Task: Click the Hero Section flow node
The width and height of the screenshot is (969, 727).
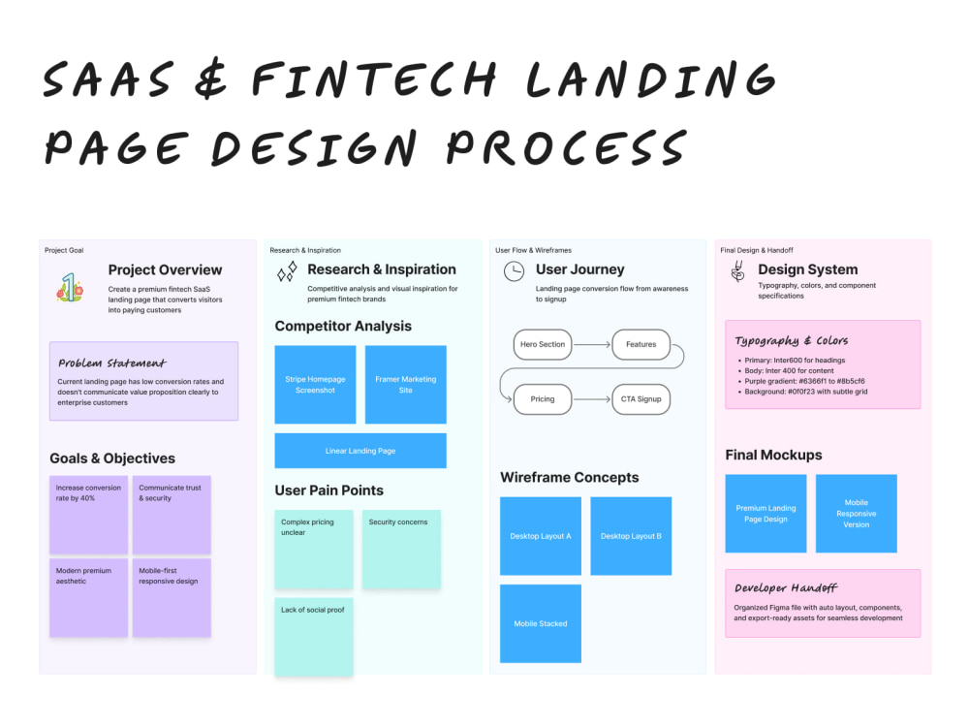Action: (543, 344)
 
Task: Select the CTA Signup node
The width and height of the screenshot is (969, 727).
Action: (641, 398)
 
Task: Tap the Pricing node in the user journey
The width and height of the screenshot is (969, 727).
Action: (543, 398)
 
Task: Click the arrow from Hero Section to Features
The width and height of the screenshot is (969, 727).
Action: (591, 344)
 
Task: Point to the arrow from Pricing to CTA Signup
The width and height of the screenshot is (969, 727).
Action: (591, 399)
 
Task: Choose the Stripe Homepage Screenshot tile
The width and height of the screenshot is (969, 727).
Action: (315, 385)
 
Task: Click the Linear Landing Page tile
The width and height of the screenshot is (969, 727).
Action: (360, 451)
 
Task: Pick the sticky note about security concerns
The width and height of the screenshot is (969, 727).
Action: (401, 549)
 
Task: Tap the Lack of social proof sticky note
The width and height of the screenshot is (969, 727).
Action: (314, 637)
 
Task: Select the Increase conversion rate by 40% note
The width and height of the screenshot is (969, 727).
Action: (88, 515)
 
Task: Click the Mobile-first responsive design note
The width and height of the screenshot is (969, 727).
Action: (172, 598)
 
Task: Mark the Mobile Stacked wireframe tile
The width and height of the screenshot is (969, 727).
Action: (541, 623)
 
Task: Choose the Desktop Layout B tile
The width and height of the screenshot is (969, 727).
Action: (631, 536)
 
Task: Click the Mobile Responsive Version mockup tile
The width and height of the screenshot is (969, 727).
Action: (856, 514)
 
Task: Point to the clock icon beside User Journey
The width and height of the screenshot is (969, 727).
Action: (514, 271)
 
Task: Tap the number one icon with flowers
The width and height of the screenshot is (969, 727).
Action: (71, 288)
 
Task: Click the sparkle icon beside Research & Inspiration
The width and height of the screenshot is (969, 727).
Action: (287, 271)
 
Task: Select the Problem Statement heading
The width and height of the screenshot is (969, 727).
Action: (111, 363)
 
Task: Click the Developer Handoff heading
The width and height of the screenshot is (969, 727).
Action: (786, 588)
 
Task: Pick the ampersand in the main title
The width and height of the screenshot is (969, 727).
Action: (210, 79)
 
